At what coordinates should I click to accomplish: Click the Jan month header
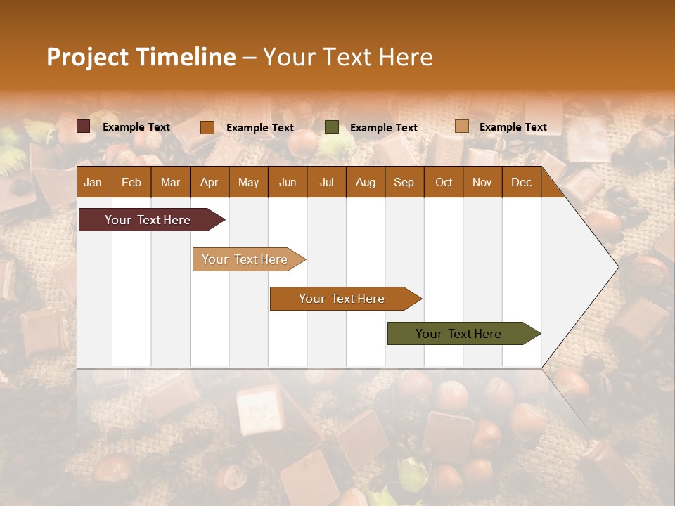[93, 182]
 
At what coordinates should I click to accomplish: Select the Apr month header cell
[209, 182]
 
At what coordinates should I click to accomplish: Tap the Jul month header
[326, 182]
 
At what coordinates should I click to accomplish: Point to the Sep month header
[404, 182]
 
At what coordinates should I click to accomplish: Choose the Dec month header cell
[521, 182]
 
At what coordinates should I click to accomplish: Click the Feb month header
[131, 182]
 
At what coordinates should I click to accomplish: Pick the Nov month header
[482, 182]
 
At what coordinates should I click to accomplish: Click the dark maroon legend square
[84, 126]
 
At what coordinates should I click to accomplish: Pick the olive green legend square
[332, 127]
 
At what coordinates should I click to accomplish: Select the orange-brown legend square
[207, 127]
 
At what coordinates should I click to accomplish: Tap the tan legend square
[461, 126]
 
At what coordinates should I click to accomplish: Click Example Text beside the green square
[383, 128]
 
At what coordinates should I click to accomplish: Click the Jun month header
[288, 182]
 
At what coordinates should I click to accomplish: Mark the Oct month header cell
[444, 182]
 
